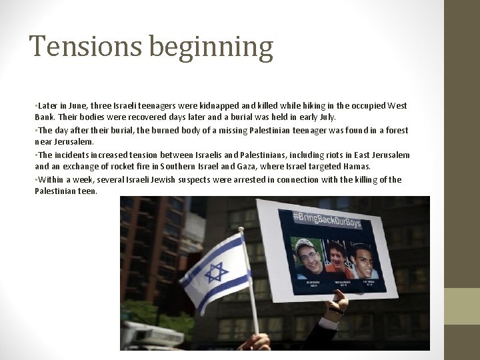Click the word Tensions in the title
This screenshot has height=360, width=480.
click(x=85, y=47)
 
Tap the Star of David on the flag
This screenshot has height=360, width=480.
click(x=216, y=272)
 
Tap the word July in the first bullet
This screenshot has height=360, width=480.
click(x=329, y=117)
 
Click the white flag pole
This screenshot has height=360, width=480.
click(x=250, y=287)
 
